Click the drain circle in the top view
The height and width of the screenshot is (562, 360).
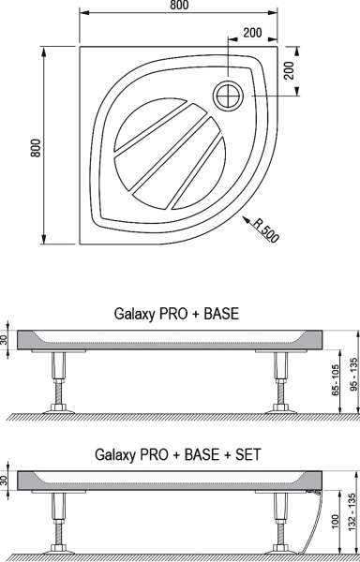[228, 96]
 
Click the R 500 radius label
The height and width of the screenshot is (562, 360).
[265, 229]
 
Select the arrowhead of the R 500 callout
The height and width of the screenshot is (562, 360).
[246, 219]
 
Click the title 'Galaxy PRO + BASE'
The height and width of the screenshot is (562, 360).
[176, 314]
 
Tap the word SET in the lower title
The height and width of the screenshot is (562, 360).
[247, 454]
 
